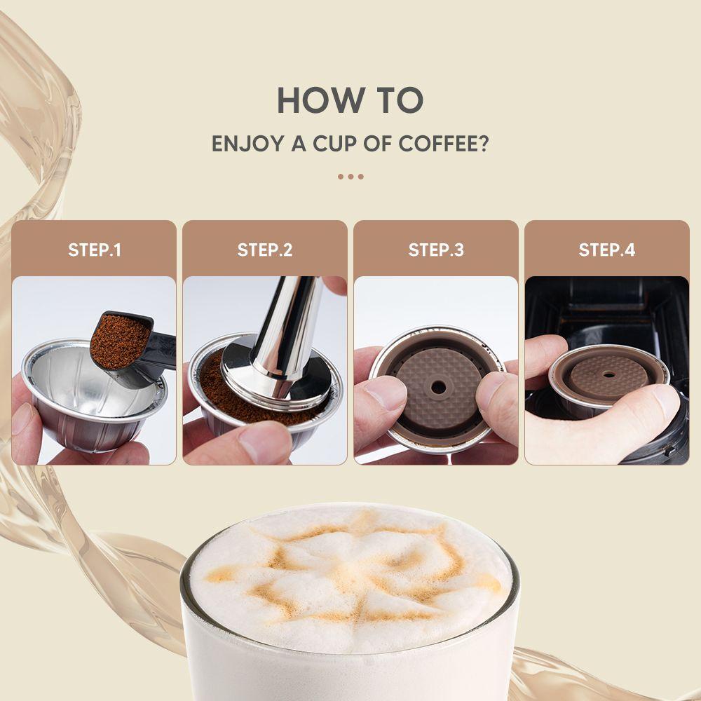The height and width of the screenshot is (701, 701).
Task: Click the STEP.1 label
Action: (95, 250)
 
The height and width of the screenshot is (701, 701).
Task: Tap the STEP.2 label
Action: (265, 250)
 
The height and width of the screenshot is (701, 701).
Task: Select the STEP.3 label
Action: (436, 250)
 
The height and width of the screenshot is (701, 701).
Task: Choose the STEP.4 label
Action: (607, 250)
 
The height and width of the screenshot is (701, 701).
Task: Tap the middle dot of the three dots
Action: (350, 177)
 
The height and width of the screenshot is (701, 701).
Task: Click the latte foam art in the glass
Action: (350, 568)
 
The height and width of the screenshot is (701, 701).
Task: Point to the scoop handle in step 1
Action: (158, 350)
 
